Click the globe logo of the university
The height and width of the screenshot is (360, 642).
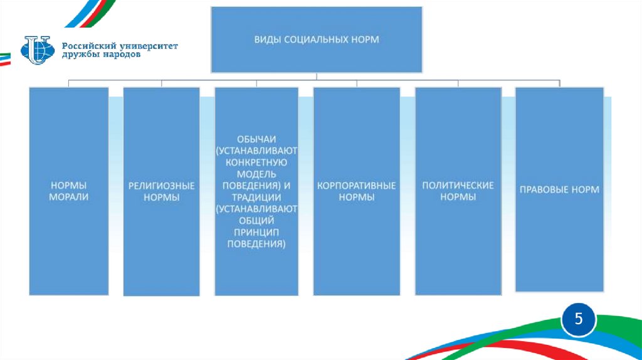[x=38, y=50]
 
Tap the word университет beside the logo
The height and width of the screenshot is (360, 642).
[x=147, y=46]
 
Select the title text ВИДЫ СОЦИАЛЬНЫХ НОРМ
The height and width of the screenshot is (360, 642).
[x=316, y=40]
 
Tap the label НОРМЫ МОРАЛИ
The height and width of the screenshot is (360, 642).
[x=69, y=191]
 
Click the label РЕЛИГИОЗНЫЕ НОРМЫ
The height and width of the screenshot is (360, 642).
[x=162, y=191]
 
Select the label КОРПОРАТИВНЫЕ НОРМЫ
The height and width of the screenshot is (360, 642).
[x=356, y=191]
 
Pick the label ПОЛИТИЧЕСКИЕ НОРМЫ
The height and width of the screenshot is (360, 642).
[x=458, y=191]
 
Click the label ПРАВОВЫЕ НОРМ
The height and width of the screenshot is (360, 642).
[x=559, y=189]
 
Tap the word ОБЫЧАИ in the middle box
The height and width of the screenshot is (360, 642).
[x=256, y=139]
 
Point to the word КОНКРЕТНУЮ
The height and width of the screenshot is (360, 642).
[x=256, y=162]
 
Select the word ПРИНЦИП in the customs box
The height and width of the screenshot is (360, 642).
[x=256, y=231]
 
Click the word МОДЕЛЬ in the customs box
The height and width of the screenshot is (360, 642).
[x=256, y=173]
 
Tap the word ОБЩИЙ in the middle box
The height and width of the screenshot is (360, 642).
[x=256, y=220]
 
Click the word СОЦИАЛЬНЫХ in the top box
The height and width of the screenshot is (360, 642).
[x=315, y=40]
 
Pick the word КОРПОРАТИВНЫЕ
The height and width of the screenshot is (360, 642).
[x=356, y=186]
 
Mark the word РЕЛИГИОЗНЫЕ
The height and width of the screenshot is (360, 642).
[x=162, y=186]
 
